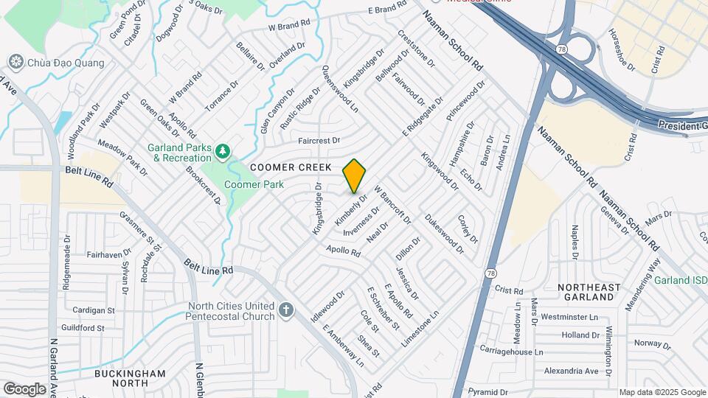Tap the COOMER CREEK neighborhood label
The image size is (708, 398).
point(290,168)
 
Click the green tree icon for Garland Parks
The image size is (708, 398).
point(222,152)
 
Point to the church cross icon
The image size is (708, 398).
point(287,311)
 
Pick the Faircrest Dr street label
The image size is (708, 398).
point(319,140)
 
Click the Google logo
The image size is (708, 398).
point(24,388)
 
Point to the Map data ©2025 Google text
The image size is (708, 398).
point(662,392)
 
